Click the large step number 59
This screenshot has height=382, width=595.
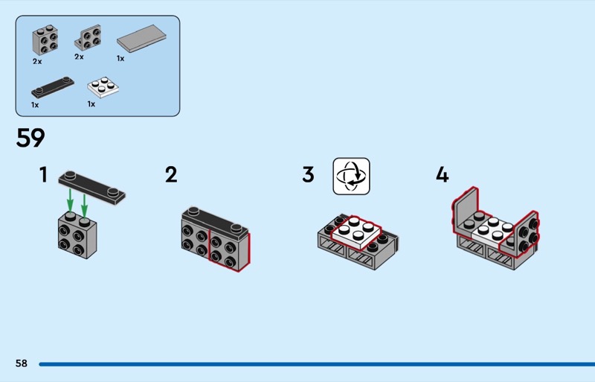[30, 138]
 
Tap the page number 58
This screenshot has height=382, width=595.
[22, 363]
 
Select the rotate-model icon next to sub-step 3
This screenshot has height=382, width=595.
[351, 176]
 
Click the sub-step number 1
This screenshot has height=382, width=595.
[44, 175]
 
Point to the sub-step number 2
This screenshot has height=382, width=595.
[171, 175]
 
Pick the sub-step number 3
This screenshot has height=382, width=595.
[308, 175]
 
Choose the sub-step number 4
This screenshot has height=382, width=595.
[442, 175]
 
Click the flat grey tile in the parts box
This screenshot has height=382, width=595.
[141, 39]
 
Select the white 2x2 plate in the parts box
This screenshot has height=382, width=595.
[103, 87]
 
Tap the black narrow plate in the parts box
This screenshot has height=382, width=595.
[53, 87]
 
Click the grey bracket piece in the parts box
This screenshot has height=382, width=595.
[88, 38]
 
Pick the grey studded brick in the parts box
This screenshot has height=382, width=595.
[45, 40]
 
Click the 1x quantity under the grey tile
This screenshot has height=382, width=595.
[120, 59]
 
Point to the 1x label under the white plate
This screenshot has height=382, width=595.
[91, 104]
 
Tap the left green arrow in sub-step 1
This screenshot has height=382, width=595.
[70, 200]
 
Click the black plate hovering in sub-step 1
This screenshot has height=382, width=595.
[91, 188]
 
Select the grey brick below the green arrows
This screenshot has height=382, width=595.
[77, 235]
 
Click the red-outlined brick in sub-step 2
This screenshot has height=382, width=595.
[229, 251]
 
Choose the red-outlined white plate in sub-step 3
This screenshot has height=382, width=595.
[356, 232]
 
